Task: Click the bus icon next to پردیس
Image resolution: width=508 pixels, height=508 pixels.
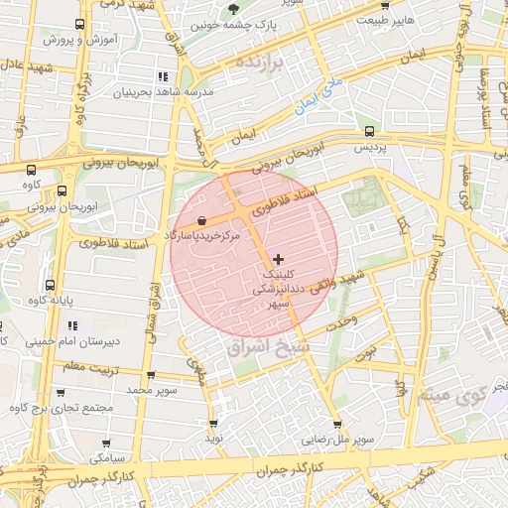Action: pos(370,131)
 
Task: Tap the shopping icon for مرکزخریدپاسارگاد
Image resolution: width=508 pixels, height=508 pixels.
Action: pos(202,220)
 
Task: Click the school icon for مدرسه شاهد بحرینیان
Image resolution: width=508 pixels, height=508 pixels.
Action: pos(162,76)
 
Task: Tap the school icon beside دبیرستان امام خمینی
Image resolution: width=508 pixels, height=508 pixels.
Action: pos(99,324)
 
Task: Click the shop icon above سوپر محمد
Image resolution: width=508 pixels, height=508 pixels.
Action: pos(151,376)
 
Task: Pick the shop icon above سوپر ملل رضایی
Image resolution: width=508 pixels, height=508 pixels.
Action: pos(337,424)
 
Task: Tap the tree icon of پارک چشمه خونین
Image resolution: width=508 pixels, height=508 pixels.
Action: pos(233,9)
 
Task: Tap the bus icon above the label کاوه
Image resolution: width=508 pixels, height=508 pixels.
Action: pos(30,170)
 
